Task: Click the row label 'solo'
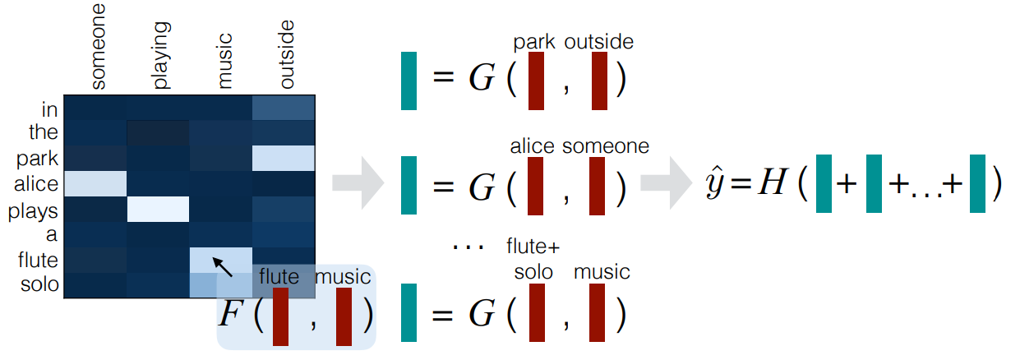41,284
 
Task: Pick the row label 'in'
50,108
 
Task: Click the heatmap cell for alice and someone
95,183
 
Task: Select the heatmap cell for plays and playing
159,209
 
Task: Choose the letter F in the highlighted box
233,313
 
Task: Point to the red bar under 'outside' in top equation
599,81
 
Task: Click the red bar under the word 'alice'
535,186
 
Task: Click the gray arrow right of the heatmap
359,182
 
